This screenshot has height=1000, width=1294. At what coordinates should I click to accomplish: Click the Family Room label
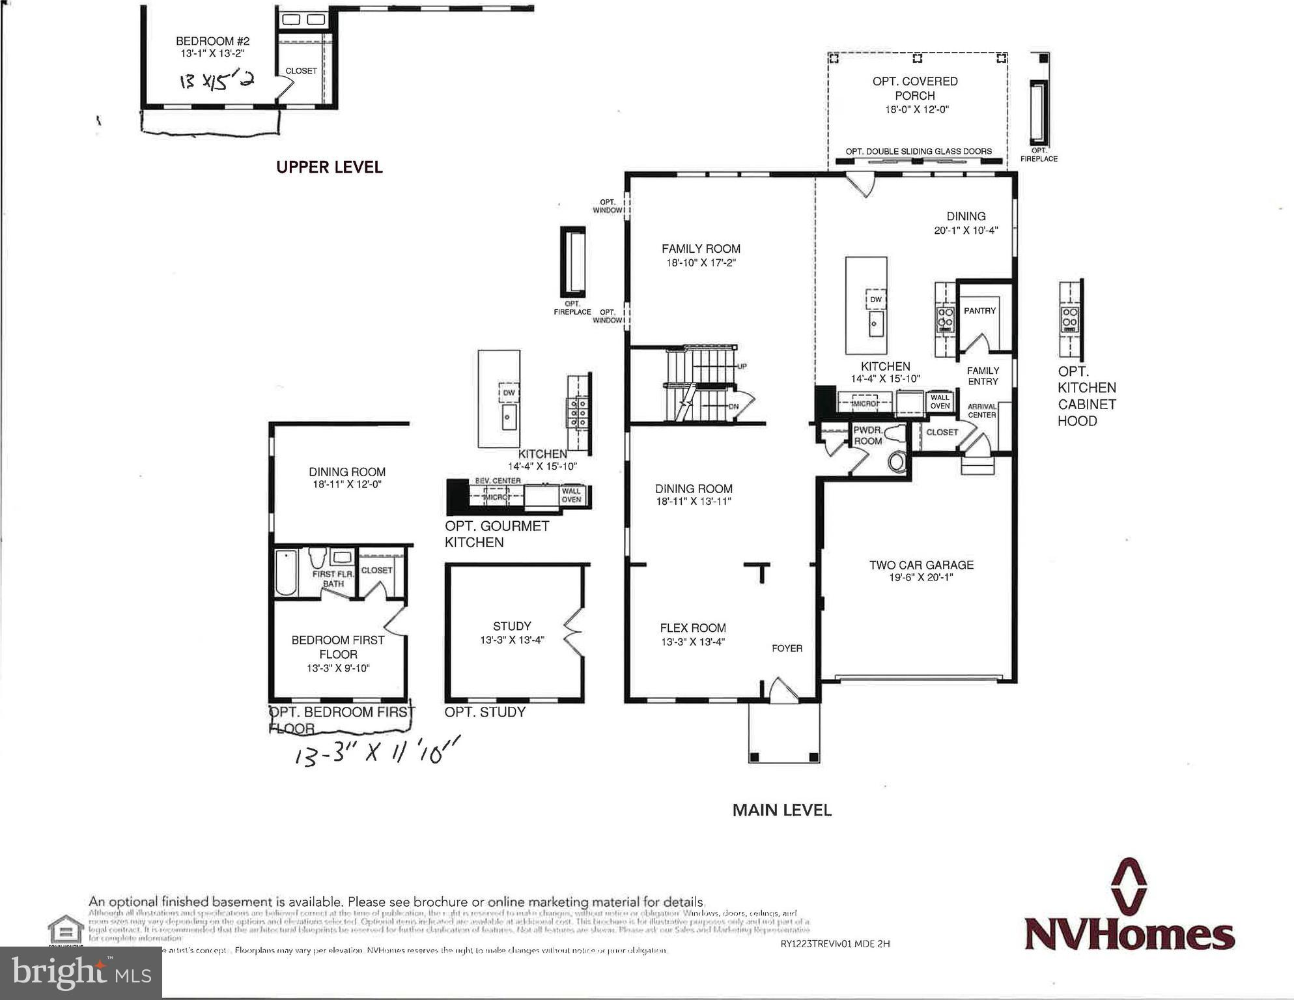tap(701, 249)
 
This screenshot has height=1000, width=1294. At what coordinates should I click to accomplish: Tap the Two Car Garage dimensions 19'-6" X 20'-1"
tap(921, 577)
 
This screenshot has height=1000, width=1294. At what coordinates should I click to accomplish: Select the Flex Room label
tap(692, 628)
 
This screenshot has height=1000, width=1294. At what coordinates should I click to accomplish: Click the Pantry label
tap(979, 311)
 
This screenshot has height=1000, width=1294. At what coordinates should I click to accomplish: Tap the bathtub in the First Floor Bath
tap(285, 573)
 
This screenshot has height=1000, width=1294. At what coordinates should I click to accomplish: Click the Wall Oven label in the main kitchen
tap(940, 401)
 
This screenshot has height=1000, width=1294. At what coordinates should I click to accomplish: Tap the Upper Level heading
tap(329, 167)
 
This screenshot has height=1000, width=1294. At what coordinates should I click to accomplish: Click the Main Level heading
tap(781, 810)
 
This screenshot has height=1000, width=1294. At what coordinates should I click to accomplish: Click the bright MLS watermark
tap(81, 973)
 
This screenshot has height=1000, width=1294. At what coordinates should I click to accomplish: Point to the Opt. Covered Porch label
tap(914, 89)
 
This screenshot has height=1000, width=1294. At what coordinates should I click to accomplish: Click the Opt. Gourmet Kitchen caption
tap(496, 534)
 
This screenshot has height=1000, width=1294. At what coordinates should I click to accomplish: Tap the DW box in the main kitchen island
tap(875, 300)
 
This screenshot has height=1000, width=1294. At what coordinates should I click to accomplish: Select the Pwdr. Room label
tap(867, 436)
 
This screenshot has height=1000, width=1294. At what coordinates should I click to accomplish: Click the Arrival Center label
tap(981, 410)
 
